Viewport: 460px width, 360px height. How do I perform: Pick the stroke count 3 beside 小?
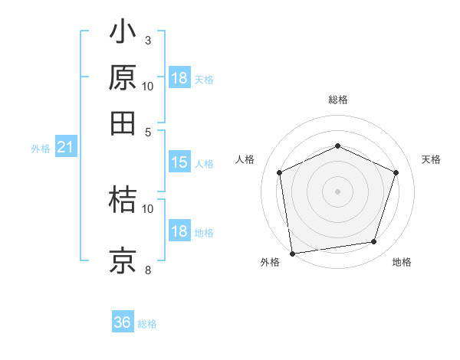pyautogui.click(x=148, y=40)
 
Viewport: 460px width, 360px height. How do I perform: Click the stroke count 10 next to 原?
pyautogui.click(x=148, y=86)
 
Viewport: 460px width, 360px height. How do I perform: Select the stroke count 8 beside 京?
pyautogui.click(x=148, y=270)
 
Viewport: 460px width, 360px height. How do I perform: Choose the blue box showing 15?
pyautogui.click(x=179, y=162)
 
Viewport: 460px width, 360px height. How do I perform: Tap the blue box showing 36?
pyautogui.click(x=123, y=323)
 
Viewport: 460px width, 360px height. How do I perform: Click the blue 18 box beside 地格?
pyautogui.click(x=179, y=231)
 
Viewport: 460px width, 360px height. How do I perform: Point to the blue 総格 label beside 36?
pyautogui.click(x=148, y=324)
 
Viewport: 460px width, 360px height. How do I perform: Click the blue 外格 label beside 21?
pyautogui.click(x=41, y=149)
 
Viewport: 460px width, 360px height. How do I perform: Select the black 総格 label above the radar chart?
pyautogui.click(x=337, y=100)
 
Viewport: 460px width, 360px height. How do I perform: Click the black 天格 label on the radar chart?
pyautogui.click(x=431, y=159)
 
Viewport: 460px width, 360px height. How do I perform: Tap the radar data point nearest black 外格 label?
pyautogui.click(x=292, y=252)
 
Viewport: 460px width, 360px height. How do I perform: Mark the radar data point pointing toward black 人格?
pyautogui.click(x=279, y=172)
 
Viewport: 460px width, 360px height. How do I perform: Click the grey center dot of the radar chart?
pyautogui.click(x=337, y=191)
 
